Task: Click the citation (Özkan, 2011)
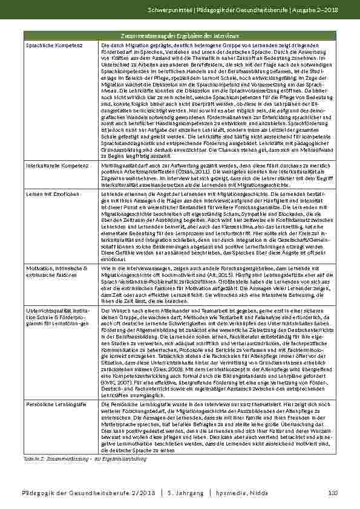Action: click(203, 171)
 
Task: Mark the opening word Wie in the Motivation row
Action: click(105, 267)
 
